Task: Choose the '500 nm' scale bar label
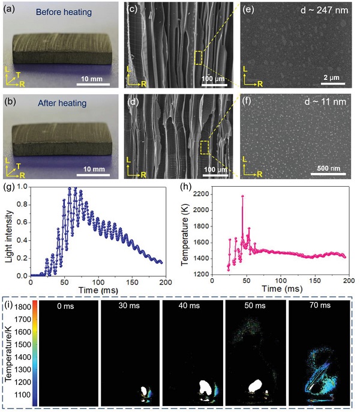[x=329, y=170]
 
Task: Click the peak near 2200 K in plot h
[x=242, y=196]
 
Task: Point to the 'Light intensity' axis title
[x=9, y=232]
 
